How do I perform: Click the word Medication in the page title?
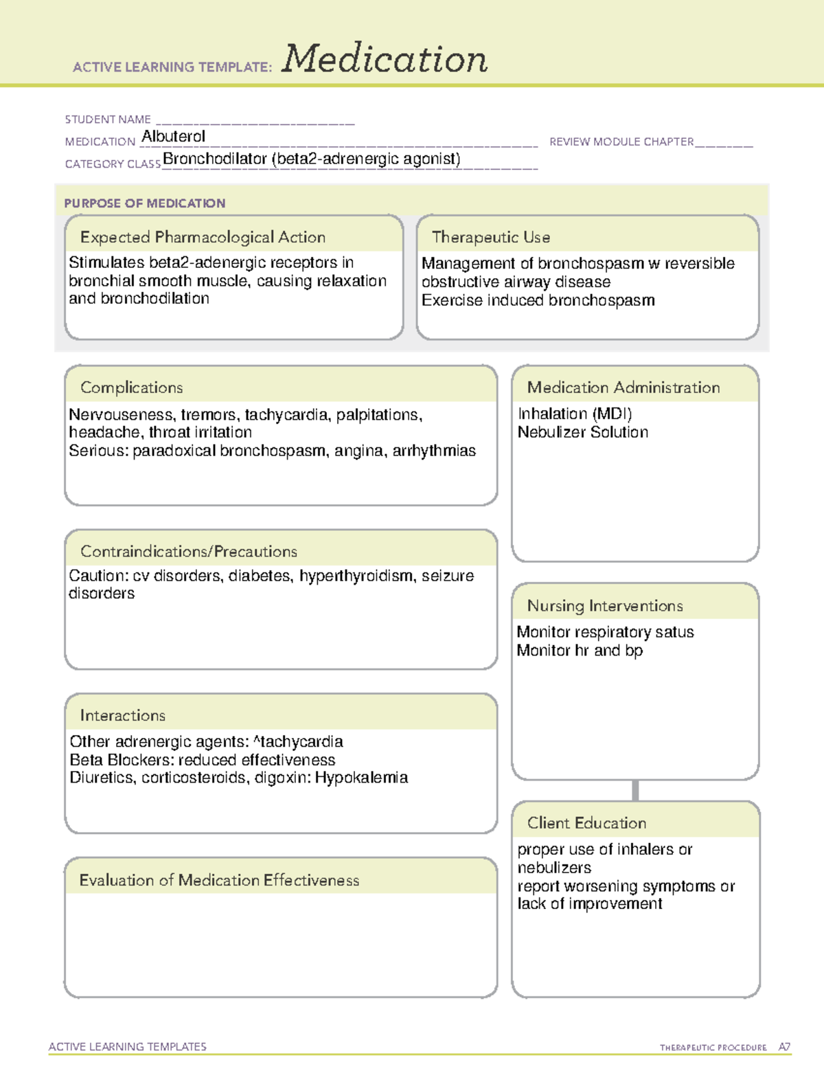coord(385,59)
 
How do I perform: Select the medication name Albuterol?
coord(173,137)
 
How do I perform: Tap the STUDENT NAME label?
coord(108,120)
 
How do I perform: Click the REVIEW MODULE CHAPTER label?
coord(621,142)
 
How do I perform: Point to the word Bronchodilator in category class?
coord(214,159)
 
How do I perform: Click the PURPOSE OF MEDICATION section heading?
coord(144,203)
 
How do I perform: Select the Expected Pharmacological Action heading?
coord(203,237)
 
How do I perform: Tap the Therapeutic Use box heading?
coord(490,237)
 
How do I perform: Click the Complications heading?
coord(131,388)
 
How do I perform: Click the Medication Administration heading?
coord(623,388)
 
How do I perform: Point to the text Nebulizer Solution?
coord(582,432)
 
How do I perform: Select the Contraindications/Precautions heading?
coord(188,551)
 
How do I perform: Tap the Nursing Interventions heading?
coord(604,605)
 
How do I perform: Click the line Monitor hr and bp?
coord(580,651)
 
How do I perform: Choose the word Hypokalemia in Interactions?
coord(361,778)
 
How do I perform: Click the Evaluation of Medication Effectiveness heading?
coord(219,880)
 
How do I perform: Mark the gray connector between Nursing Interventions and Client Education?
coord(635,790)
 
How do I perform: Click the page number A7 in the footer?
coord(784,1047)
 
